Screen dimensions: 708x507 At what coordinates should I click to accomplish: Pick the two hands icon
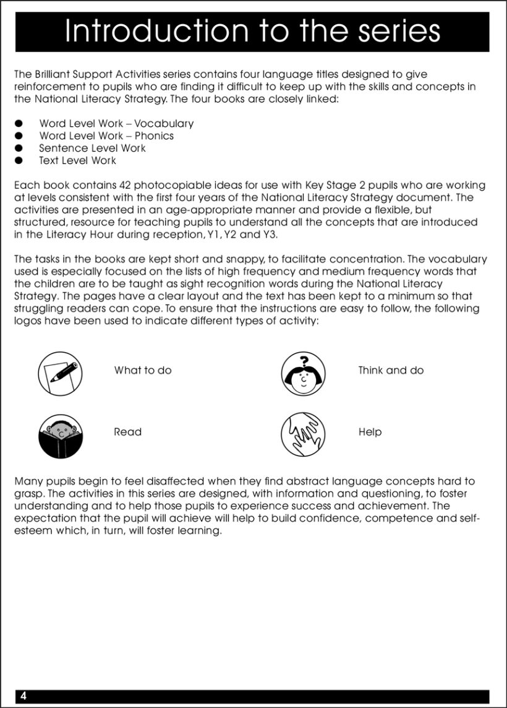(x=303, y=434)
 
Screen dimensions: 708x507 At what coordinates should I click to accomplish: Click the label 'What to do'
(x=143, y=371)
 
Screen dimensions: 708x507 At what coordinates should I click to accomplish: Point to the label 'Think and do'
(x=391, y=371)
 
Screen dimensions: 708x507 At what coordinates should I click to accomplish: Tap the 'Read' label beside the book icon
(x=127, y=432)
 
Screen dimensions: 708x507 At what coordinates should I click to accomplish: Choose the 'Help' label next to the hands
(x=370, y=432)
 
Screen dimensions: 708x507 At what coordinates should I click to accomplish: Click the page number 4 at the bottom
(x=23, y=696)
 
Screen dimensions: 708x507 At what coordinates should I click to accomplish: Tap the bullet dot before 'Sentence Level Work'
(x=19, y=149)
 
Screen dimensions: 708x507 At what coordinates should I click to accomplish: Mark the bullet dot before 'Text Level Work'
(x=19, y=161)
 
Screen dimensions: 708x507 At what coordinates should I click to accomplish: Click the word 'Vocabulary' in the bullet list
(x=164, y=124)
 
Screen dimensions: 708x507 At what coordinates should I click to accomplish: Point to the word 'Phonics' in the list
(x=154, y=136)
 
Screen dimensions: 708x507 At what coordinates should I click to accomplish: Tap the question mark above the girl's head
(x=304, y=361)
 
